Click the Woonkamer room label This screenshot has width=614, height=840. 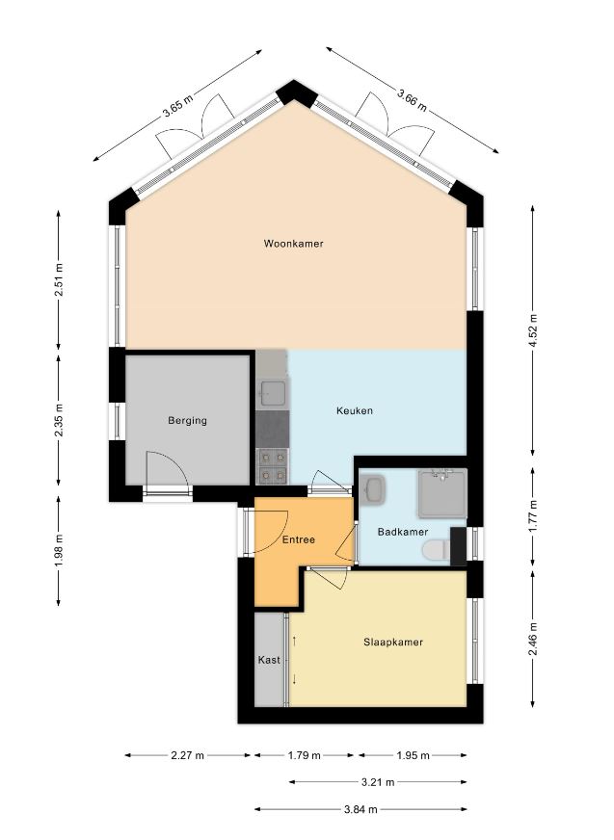pyautogui.click(x=293, y=244)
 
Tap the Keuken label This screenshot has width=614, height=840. pyautogui.click(x=355, y=411)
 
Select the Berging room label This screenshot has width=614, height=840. pyautogui.click(x=187, y=421)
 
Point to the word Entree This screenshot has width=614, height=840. pyautogui.click(x=299, y=540)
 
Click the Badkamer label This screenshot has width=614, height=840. pyautogui.click(x=403, y=532)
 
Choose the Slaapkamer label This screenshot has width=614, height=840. pyautogui.click(x=393, y=643)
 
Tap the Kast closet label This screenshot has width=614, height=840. pyautogui.click(x=269, y=660)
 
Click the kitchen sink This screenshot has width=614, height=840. pyautogui.click(x=273, y=393)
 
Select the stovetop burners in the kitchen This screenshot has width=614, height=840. pyautogui.click(x=273, y=466)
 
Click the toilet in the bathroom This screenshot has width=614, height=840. pyautogui.click(x=436, y=550)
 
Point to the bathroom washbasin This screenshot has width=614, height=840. pyautogui.click(x=374, y=488)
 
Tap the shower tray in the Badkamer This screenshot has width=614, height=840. pyautogui.click(x=441, y=493)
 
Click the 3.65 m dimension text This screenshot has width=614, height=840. pyautogui.click(x=178, y=105)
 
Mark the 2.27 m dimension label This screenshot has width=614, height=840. pyautogui.click(x=187, y=755)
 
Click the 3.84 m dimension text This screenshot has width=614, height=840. pyautogui.click(x=360, y=809)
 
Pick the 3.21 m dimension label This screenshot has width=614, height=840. pyautogui.click(x=378, y=782)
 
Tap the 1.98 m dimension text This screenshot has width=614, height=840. pyautogui.click(x=59, y=550)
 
